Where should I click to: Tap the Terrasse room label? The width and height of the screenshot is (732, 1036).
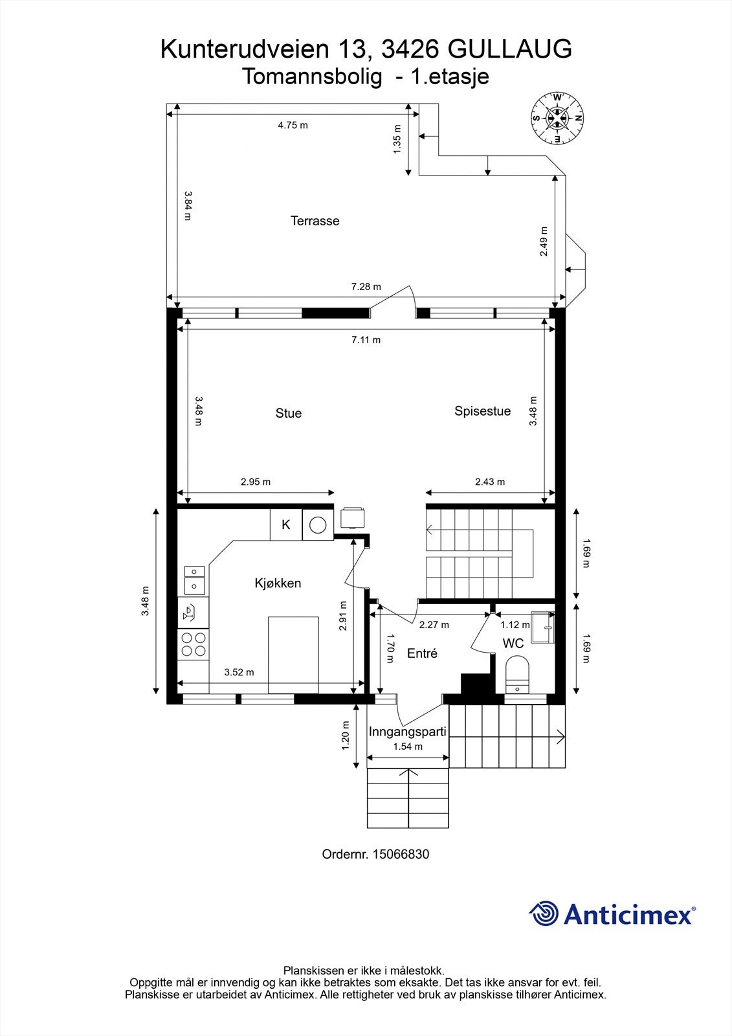[x=315, y=221]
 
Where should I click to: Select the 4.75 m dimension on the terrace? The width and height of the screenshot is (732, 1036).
[x=293, y=125]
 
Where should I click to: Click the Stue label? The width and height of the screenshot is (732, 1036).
[x=289, y=413]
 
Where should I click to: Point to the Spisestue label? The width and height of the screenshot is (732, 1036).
[x=482, y=411]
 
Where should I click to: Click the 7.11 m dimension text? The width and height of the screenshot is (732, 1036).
[x=366, y=339]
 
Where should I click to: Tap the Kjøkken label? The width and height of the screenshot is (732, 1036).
[x=278, y=583]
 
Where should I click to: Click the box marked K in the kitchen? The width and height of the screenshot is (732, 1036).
[x=286, y=524]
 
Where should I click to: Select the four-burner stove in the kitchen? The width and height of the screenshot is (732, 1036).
[x=194, y=644]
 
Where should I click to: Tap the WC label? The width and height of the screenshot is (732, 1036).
[x=513, y=643]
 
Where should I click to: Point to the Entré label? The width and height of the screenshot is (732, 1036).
[x=422, y=653]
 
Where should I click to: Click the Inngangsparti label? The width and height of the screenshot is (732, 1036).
[x=407, y=732]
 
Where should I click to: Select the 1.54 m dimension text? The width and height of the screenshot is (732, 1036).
[x=408, y=747]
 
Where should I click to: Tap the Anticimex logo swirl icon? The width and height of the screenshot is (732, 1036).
[x=544, y=914]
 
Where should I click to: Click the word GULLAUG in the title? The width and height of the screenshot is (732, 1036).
[x=509, y=49]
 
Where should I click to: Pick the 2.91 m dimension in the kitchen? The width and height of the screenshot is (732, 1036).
[x=342, y=615]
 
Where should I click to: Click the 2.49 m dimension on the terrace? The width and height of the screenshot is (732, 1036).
[x=544, y=241]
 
